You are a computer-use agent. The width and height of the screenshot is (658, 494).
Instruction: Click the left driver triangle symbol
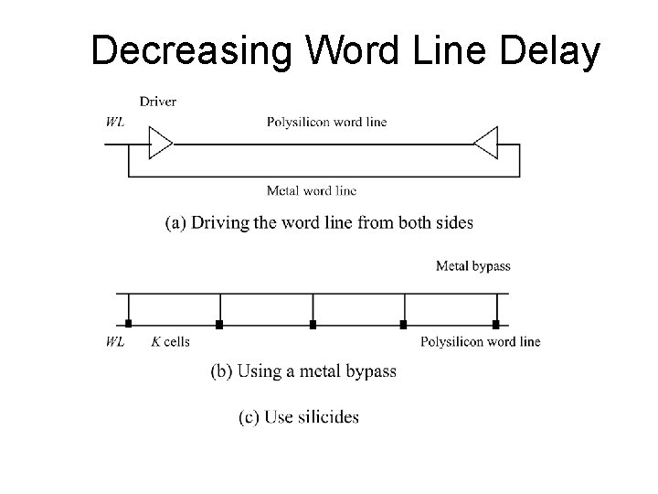click(160, 144)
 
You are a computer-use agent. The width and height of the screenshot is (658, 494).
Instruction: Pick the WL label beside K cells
click(116, 342)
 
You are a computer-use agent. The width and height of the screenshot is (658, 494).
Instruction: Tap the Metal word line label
click(311, 191)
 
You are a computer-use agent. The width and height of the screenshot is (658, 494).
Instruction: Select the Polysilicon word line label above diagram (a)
click(326, 123)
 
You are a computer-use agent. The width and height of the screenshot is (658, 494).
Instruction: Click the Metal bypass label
click(472, 266)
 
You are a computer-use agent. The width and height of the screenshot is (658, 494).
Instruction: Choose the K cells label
click(171, 342)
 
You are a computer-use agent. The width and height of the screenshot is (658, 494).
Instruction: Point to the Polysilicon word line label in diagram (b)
click(480, 342)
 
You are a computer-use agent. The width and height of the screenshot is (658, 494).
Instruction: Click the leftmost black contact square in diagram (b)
click(129, 324)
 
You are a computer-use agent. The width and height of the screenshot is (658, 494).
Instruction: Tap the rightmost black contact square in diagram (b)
click(495, 324)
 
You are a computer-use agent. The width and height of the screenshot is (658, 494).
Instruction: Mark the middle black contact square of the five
click(313, 324)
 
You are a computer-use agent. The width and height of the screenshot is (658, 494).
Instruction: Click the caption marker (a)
click(175, 222)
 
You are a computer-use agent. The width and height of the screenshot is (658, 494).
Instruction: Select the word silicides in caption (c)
click(325, 417)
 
